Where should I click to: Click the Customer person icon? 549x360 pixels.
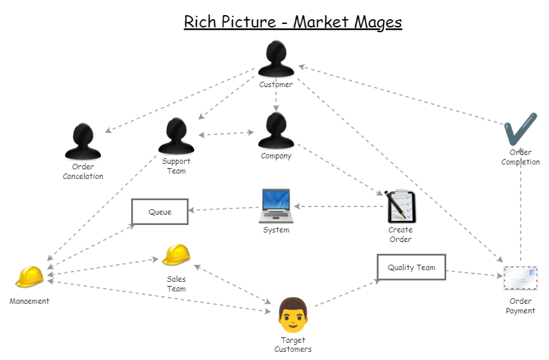pos(276,60)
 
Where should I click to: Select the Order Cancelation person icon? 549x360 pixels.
pos(82,141)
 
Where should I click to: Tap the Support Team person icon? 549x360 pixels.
pos(176,136)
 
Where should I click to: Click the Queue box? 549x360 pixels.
pos(160,212)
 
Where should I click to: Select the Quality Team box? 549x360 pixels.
pos(411,267)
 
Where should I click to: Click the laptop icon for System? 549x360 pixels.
pos(276,206)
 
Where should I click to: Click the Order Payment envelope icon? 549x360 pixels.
pos(520,278)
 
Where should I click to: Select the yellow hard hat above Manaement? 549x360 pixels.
pos(30,276)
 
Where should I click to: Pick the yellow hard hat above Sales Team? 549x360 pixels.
pos(176,255)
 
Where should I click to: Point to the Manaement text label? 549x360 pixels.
pos(30,301)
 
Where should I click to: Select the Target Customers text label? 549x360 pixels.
pos(293,344)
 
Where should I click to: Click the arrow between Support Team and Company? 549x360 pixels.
pos(226,134)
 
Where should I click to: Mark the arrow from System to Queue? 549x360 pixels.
pos(224,208)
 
